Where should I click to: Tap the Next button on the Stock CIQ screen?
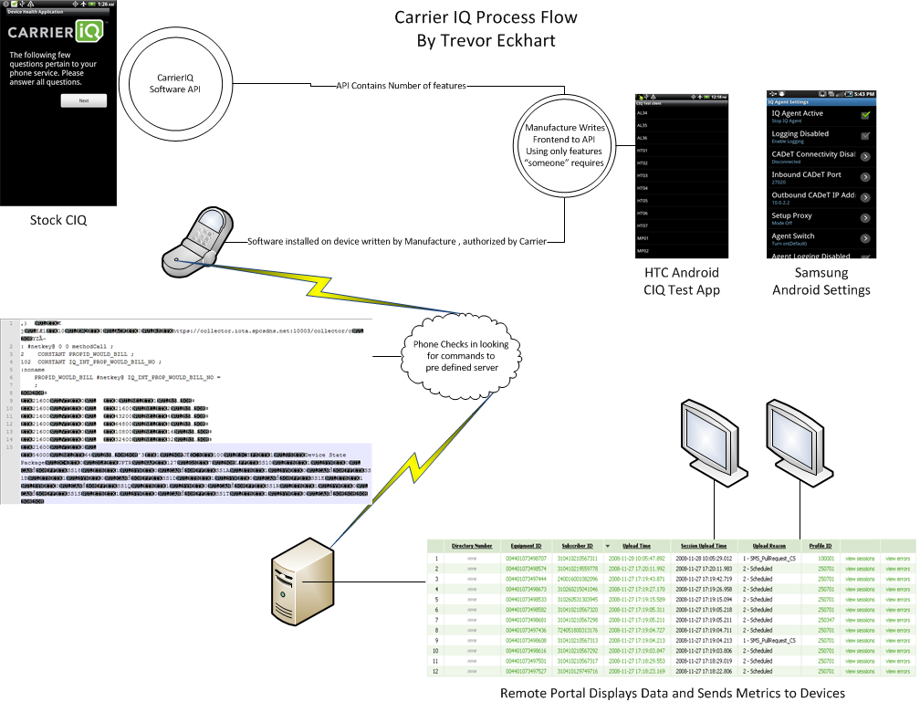83,101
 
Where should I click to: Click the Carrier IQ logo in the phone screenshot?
56,33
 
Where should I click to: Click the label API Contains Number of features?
402,86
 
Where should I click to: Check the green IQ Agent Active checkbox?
864,116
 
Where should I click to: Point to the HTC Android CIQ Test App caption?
683,281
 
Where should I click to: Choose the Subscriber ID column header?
577,546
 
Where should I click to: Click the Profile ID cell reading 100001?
826,558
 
